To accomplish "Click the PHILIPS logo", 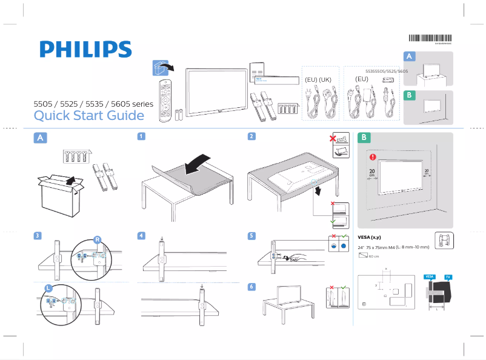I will (x=85, y=50).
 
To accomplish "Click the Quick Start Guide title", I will (x=88, y=115).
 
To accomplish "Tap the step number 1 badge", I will (x=141, y=137).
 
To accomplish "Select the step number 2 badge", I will (x=251, y=137).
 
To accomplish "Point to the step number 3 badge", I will (x=38, y=235).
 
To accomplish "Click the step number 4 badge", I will (x=141, y=235).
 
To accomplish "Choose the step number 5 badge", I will (x=251, y=235).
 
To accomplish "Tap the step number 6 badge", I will (x=251, y=286).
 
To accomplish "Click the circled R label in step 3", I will (x=96, y=239).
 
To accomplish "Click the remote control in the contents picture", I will (x=165, y=101).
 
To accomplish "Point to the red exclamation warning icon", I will (x=373, y=158).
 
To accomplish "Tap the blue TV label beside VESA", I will (x=448, y=276).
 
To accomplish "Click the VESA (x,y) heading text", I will (x=370, y=237).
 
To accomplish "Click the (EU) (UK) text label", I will (x=318, y=79).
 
